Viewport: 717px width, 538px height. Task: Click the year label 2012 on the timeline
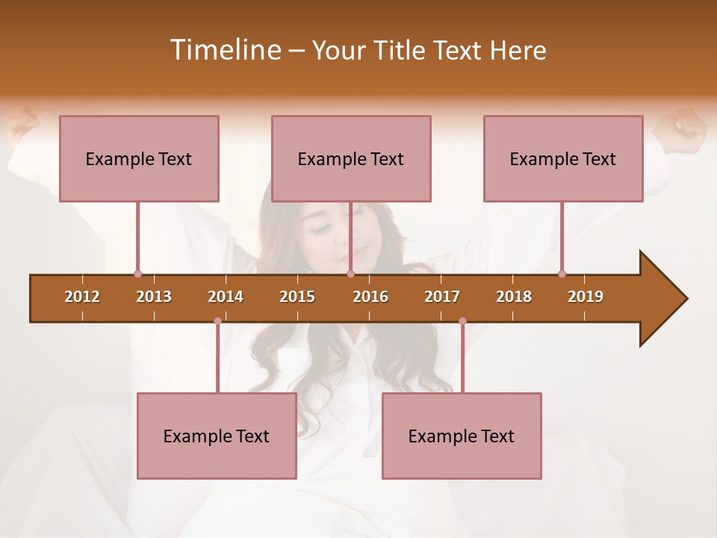pos(82,297)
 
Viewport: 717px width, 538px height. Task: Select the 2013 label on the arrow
pos(154,297)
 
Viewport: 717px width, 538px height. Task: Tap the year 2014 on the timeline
pos(226,297)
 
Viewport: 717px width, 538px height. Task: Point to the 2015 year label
pos(297,297)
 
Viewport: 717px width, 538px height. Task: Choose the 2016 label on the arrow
pos(370,297)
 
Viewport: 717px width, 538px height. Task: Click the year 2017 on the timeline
pos(442,297)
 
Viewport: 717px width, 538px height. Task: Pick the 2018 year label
pos(514,297)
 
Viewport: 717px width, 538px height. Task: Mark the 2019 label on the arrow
pos(586,297)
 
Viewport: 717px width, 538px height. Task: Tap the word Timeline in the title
pos(224,50)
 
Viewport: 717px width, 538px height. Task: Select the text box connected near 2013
pos(139,158)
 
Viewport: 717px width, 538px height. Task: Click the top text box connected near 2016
pos(351,158)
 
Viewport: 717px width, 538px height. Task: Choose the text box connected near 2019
pos(563,158)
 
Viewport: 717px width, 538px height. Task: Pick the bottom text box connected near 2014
pos(217,436)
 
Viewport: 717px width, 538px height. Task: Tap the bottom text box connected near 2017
pos(462,436)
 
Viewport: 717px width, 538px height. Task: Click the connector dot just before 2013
pos(137,273)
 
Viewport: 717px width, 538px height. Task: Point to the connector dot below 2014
pos(217,321)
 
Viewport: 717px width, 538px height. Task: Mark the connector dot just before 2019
pos(562,273)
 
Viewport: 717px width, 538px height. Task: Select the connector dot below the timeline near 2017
pos(462,321)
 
